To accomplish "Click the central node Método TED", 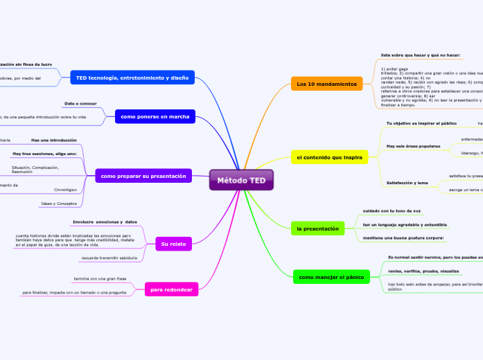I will [x=241, y=180].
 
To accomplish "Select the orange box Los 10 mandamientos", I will [x=326, y=84].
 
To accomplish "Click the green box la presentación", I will [x=317, y=228].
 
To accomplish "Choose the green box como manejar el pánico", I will [x=331, y=277].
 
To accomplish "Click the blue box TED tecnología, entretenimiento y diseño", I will [x=132, y=78].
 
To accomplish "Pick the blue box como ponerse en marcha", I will [x=155, y=116].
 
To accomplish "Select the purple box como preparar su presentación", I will [x=143, y=177].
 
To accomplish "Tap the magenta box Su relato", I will [x=169, y=244].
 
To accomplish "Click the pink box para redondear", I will [x=171, y=289].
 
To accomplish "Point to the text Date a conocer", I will [x=80, y=103].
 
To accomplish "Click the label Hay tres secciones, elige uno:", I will [x=44, y=153].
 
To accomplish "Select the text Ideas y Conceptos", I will [x=59, y=204].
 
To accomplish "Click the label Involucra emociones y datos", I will [x=105, y=222].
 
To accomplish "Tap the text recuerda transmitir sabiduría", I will [x=109, y=258].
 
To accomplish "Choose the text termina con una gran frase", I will [x=100, y=278].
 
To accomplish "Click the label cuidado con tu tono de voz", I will [x=392, y=210].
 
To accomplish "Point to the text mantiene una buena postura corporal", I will [x=403, y=238].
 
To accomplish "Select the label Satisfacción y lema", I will [x=407, y=183].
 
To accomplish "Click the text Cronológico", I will [x=65, y=189].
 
